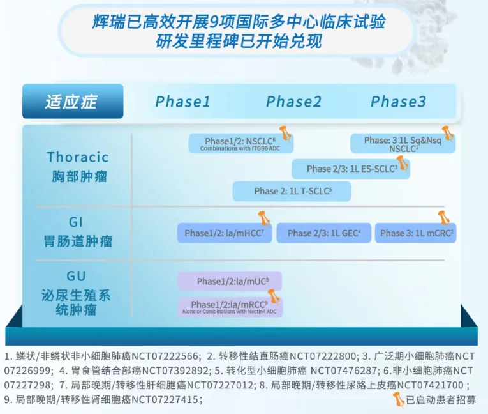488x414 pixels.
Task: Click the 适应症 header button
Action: [72, 102]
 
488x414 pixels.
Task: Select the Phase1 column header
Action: [182, 102]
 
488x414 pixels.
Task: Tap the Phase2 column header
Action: [293, 102]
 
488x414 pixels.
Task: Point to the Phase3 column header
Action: [398, 102]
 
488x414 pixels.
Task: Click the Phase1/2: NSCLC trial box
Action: [240, 144]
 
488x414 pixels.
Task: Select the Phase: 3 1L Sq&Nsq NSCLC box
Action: [403, 144]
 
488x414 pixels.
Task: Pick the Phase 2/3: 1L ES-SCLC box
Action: [351, 169]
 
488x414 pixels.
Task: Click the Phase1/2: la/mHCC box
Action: [224, 233]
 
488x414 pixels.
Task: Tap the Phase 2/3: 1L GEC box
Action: [324, 233]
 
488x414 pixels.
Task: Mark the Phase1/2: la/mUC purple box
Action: [229, 281]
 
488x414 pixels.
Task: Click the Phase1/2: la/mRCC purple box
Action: [229, 307]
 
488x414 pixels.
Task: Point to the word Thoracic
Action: [78, 157]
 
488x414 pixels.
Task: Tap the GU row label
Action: [76, 277]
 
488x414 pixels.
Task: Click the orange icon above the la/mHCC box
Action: [263, 217]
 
